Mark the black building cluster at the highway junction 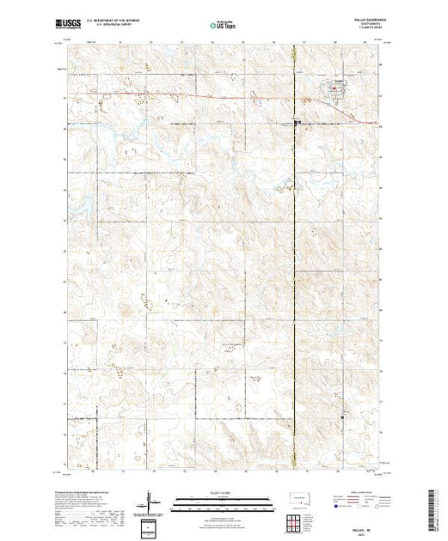(298, 123)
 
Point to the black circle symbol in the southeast (342, 417)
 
